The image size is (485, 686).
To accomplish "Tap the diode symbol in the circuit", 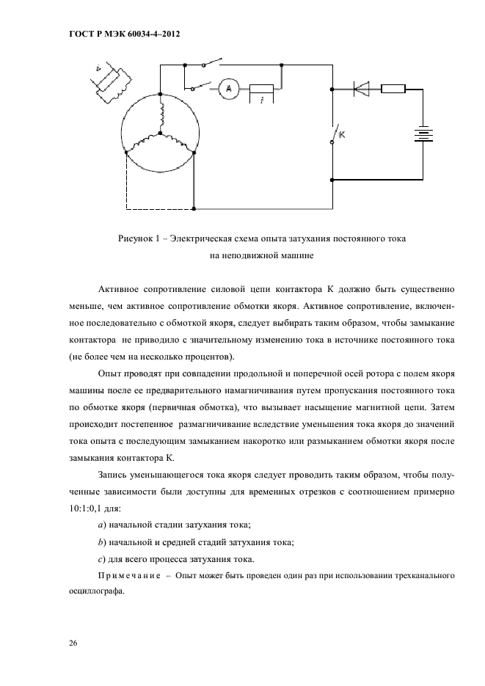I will (361, 89).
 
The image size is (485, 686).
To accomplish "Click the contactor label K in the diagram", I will (341, 135).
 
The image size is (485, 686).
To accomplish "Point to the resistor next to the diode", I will (393, 89).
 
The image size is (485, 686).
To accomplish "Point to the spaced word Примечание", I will (128, 577).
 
